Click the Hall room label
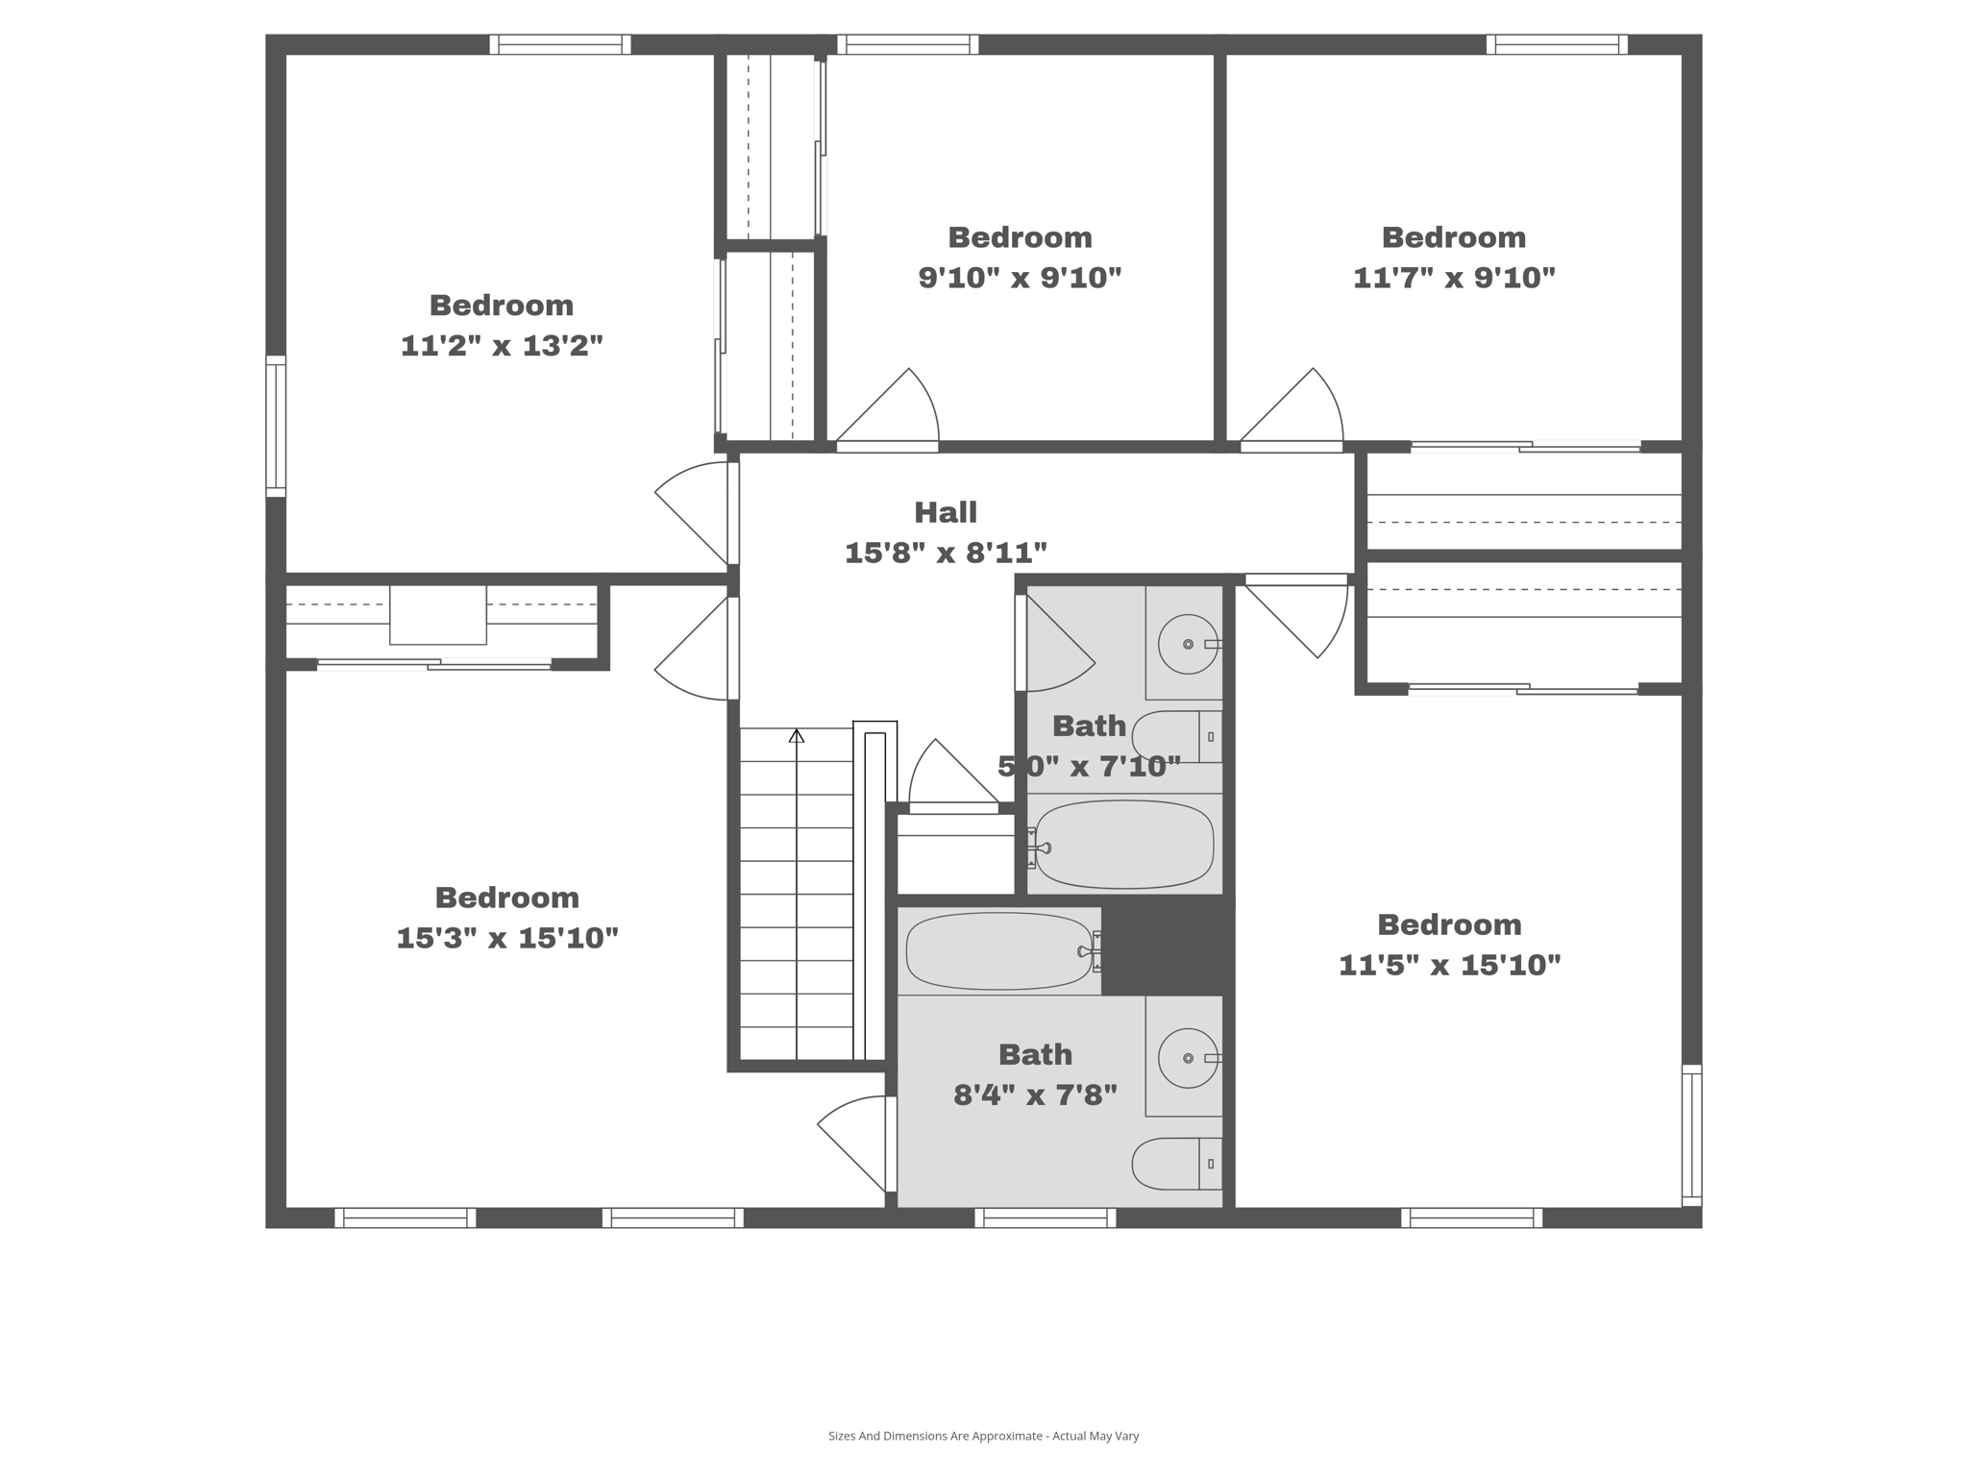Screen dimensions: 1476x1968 (x=946, y=512)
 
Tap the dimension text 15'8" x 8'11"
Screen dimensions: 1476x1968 (x=946, y=553)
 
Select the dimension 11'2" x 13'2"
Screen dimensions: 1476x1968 (x=502, y=346)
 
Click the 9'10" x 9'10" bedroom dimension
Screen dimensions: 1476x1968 (x=1020, y=279)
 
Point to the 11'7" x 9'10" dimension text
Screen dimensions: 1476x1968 (x=1454, y=279)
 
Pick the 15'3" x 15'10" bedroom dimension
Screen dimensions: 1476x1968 (x=506, y=938)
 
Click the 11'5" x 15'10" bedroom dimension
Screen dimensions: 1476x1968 (x=1449, y=965)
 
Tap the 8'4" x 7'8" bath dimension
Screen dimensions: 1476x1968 (x=1035, y=1095)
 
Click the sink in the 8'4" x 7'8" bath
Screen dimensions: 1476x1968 (x=1188, y=1058)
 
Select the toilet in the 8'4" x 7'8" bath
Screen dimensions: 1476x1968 (x=1174, y=1163)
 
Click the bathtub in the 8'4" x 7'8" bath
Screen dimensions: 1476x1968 (x=998, y=951)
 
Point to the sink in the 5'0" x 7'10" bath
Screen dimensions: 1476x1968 (x=1188, y=644)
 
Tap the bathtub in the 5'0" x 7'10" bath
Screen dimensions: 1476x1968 (x=1123, y=846)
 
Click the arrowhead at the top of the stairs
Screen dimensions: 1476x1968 (x=797, y=736)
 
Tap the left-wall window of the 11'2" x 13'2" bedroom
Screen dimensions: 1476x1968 (x=276, y=427)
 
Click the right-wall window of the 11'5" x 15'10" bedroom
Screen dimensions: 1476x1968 (x=1691, y=1135)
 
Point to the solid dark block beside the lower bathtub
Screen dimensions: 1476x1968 (x=1167, y=948)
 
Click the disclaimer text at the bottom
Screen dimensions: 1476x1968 (x=983, y=1436)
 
